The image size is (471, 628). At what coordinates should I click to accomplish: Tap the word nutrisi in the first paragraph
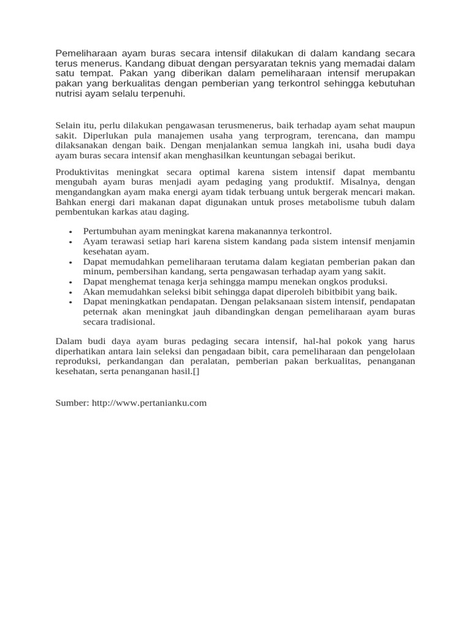(x=69, y=94)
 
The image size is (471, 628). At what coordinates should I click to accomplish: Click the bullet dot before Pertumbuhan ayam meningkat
(x=71, y=232)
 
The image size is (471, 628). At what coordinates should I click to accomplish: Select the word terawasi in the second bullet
(x=122, y=242)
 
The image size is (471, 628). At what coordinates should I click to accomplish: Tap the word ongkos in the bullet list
(x=331, y=281)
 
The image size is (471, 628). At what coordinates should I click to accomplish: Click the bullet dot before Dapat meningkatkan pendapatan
(x=71, y=302)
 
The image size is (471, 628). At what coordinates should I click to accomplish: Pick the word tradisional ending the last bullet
(x=132, y=321)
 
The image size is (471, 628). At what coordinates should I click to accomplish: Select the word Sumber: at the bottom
(x=72, y=403)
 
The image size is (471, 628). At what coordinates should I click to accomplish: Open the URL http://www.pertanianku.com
(x=149, y=403)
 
